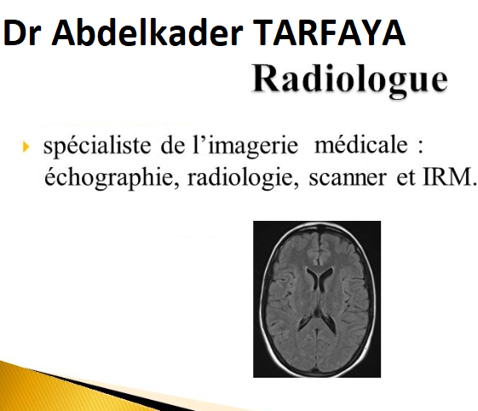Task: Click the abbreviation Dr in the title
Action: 21,32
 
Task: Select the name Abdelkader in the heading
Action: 147,32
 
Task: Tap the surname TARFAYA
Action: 329,32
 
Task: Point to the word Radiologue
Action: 350,78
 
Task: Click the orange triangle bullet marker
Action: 26,147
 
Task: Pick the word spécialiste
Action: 97,146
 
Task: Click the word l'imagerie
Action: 245,146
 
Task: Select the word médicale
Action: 361,145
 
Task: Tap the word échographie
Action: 112,178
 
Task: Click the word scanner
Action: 348,179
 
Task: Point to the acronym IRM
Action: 449,177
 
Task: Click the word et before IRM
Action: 406,178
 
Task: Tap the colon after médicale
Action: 420,147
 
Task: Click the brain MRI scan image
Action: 317,299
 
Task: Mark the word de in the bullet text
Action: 173,146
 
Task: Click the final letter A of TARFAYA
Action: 393,32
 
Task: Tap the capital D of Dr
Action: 14,32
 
